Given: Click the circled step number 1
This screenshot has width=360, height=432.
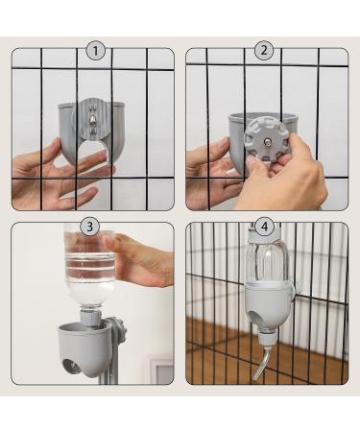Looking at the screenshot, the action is [95, 51].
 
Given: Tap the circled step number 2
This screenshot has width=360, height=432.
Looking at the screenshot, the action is [264, 51].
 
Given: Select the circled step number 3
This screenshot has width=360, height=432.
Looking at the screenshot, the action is [89, 227].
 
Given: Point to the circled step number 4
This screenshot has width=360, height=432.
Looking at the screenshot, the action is [264, 227].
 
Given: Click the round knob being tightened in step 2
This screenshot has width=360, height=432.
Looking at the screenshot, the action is [266, 140].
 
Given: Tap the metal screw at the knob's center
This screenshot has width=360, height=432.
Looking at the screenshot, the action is [266, 140].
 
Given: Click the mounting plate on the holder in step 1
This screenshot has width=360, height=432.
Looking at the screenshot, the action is [93, 121].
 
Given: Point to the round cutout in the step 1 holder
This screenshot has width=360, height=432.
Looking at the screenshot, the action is [92, 152].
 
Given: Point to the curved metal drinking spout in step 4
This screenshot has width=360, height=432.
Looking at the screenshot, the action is [262, 364].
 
